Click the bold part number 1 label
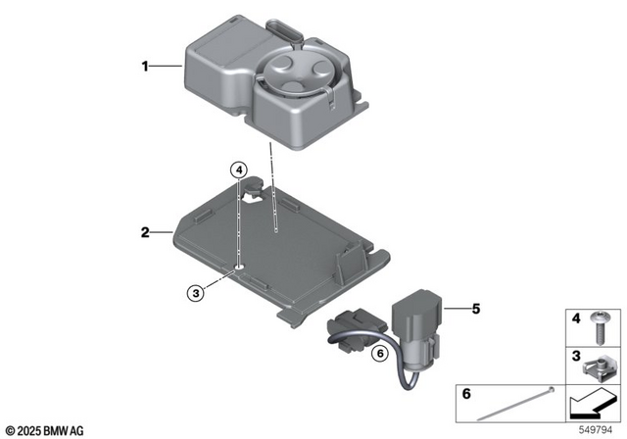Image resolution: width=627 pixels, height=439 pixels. click(x=144, y=67)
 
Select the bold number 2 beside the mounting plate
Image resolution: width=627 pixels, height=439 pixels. click(x=144, y=232)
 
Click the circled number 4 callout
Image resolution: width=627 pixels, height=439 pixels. click(x=238, y=171)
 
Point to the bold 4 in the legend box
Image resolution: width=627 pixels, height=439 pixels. click(x=575, y=318)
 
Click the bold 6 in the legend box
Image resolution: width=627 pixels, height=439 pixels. click(x=465, y=394)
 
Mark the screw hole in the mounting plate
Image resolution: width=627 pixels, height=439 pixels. click(x=239, y=266)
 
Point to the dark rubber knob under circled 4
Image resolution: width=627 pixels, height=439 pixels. click(x=253, y=185)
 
